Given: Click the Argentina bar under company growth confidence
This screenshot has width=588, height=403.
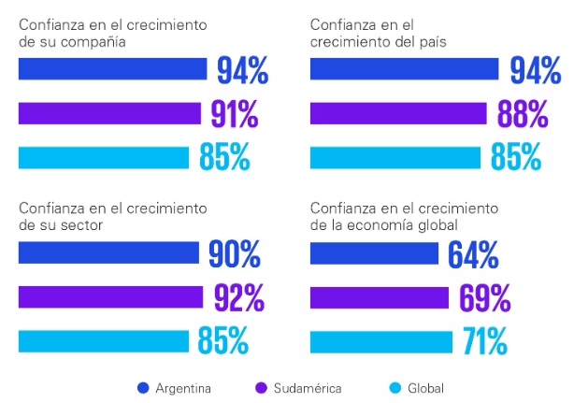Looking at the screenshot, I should click(x=112, y=69).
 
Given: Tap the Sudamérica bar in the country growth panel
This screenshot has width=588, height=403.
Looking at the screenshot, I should click(x=398, y=113).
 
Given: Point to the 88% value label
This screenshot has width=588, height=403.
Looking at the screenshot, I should click(x=522, y=113).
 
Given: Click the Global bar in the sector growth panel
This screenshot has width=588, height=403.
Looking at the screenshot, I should click(x=105, y=342).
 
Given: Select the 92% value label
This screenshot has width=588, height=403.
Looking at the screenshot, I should click(x=239, y=297).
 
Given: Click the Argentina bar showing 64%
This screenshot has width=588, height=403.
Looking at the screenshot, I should click(x=374, y=253).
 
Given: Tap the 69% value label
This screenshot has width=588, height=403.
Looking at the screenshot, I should click(x=484, y=297).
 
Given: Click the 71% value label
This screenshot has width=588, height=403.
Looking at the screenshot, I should click(x=484, y=342).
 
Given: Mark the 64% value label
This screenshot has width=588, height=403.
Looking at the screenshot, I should click(x=473, y=253).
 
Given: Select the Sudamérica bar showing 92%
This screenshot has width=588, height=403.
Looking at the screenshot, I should click(x=110, y=297).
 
